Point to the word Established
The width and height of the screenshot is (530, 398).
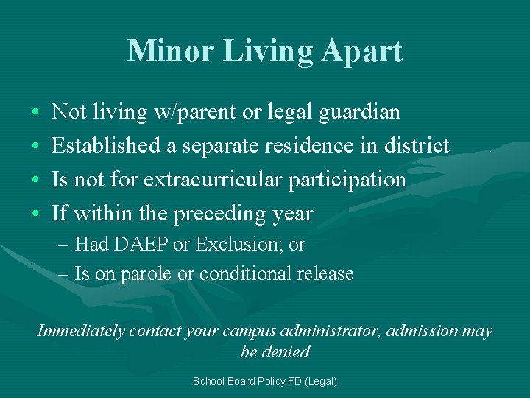point(107,146)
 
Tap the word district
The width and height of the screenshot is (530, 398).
point(416,146)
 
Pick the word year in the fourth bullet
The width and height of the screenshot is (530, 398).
point(292,214)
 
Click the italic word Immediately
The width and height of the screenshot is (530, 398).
point(81,331)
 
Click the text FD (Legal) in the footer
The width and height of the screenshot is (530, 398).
point(312,381)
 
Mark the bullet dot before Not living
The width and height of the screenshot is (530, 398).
point(35,113)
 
